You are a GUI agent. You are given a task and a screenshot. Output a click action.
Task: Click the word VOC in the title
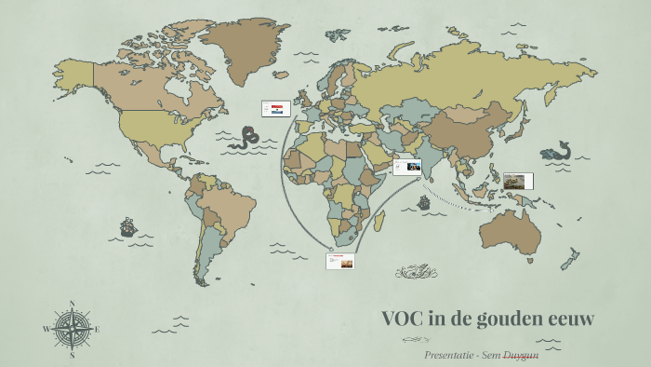point(403,318)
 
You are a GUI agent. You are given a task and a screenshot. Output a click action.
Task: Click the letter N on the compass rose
point(72,303)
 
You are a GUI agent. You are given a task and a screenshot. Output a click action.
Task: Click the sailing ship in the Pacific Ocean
point(127,226)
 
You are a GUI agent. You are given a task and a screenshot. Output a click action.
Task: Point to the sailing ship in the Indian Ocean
point(424,202)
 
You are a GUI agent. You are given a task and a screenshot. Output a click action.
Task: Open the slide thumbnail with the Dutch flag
point(276,109)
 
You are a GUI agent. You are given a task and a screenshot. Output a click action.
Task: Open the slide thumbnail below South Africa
point(340,262)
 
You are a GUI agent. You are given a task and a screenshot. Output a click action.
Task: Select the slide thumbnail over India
point(406,168)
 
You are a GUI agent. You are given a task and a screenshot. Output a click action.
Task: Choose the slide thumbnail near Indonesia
point(518,181)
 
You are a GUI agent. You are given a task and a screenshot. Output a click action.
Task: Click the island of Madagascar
point(379,221)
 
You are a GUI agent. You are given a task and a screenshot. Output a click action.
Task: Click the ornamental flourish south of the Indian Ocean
point(416,272)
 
